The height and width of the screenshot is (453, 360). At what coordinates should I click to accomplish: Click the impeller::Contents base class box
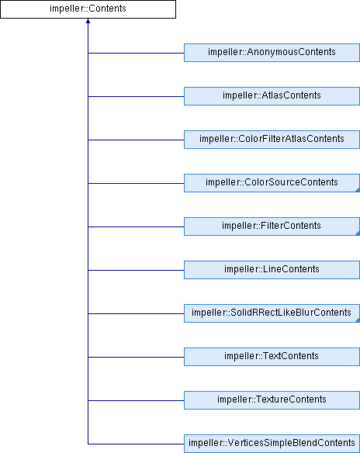[88, 9]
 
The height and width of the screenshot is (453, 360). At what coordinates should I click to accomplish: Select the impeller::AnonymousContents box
[272, 53]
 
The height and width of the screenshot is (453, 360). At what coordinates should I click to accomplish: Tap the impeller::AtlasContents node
[272, 96]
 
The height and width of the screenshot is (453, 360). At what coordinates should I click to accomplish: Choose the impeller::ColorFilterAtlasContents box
[272, 140]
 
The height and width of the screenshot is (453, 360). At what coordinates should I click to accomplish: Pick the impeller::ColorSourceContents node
[272, 183]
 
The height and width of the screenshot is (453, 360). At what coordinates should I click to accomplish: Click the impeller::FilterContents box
[272, 226]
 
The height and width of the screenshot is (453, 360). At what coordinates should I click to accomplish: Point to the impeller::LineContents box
[272, 270]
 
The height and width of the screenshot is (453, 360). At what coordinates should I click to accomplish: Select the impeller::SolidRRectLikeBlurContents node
[272, 313]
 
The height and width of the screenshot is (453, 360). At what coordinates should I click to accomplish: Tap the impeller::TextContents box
[272, 357]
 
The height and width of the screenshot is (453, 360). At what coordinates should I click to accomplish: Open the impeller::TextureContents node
[272, 400]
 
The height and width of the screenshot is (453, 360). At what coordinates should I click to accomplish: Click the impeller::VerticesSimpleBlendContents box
[272, 444]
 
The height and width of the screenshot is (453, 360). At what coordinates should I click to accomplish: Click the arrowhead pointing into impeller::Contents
[88, 21]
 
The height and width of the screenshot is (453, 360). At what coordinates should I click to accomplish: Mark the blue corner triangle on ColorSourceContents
[358, 190]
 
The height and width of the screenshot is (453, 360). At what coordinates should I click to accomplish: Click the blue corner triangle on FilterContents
[358, 233]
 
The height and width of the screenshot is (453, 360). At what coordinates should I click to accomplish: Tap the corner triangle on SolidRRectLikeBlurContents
[358, 320]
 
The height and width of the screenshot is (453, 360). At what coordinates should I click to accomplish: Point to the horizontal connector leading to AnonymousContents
[136, 54]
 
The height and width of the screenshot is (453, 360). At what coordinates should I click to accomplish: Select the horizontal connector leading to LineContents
[136, 271]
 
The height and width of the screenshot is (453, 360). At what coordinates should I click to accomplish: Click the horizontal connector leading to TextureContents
[136, 401]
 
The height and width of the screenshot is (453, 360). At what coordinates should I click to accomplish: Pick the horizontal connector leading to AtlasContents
[136, 96]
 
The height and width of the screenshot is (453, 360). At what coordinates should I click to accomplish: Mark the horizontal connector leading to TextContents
[136, 357]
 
